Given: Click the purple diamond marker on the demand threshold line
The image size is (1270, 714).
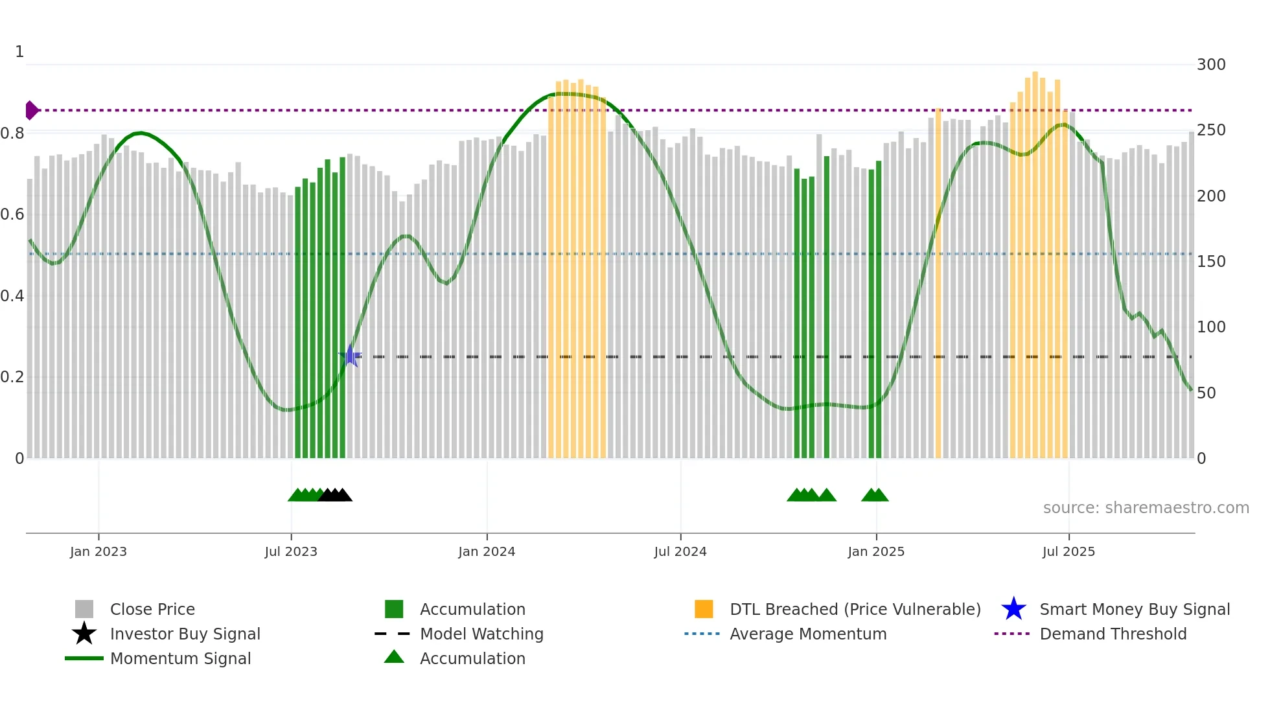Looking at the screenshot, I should pos(31,110).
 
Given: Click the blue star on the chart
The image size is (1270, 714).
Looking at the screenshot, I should pos(350,356).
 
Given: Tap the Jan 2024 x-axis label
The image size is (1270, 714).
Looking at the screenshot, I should pos(487,551).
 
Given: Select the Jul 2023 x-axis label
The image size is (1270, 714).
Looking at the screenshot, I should pos(291,551).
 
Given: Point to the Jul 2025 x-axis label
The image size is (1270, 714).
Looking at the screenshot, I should pos(1068,551).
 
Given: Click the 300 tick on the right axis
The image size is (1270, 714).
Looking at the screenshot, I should pos(1211,65).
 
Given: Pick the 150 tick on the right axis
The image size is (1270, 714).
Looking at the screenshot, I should pos(1211,262).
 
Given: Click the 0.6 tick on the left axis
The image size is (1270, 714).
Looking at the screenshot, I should pos(13,214).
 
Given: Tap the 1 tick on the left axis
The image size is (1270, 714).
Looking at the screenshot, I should pos(19,52).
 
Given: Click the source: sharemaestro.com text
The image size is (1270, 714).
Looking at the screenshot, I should pos(1146,508).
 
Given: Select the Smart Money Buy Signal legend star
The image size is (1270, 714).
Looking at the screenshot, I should pos(1013,609).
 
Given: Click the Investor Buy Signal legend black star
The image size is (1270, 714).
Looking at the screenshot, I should pos(84,634).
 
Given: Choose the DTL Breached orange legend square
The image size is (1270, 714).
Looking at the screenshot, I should pos(704,609).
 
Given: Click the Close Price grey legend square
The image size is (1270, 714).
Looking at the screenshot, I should pos(84,609).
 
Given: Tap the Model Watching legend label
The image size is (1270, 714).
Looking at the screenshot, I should pos(481,634).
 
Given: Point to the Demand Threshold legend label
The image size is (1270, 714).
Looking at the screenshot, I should pos(1113,634).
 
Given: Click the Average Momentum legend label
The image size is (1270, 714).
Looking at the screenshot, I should pos(808,634).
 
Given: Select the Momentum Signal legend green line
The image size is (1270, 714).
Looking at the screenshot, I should pos(84,658).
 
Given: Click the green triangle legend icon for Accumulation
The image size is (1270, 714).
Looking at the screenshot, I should pos(394,657).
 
